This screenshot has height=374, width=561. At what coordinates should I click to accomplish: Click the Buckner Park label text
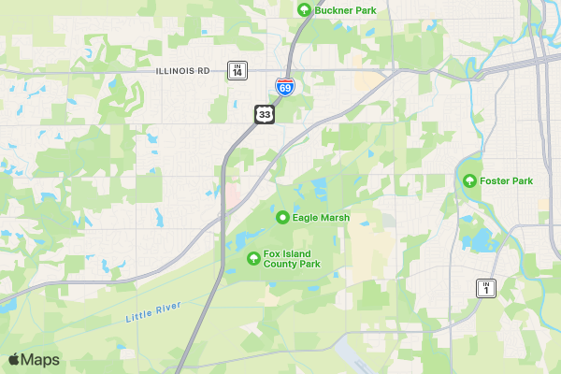click(346, 9)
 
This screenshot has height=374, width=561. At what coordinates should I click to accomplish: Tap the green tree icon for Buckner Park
click(303, 9)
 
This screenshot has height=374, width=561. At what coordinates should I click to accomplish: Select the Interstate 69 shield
click(284, 87)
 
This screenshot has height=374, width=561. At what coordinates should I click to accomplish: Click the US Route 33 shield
click(265, 114)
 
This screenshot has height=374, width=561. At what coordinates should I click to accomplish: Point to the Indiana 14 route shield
click(238, 70)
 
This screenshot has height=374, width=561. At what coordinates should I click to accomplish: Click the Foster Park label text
click(506, 180)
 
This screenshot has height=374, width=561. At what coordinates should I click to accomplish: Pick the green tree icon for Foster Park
click(468, 180)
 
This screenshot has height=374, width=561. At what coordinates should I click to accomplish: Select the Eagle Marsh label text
click(321, 218)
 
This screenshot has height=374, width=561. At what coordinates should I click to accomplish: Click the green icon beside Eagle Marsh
click(281, 218)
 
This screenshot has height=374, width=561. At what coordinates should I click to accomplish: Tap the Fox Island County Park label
click(292, 259)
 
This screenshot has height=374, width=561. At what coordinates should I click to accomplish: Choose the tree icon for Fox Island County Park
click(252, 258)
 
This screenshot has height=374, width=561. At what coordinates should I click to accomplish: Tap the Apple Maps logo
click(14, 360)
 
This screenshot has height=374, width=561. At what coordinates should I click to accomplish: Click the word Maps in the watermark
click(41, 360)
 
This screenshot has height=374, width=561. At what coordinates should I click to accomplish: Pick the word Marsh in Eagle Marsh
click(335, 218)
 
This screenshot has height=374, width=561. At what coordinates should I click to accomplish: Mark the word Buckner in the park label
click(333, 9)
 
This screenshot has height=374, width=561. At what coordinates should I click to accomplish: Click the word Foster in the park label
click(496, 180)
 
